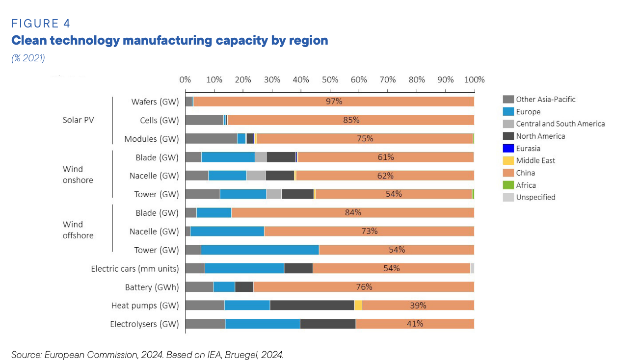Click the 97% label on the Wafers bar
point(334,102)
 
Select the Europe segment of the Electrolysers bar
point(262,324)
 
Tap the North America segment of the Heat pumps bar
point(312,305)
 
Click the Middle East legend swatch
point(508,160)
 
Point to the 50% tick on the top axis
point(330,79)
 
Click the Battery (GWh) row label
point(152,287)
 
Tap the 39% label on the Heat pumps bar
point(418,305)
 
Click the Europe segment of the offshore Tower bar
point(260,250)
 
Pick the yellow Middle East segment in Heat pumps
point(358,305)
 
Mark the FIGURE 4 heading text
point(41,24)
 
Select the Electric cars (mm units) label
point(135,268)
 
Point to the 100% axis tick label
point(474,79)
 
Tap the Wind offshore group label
point(78,230)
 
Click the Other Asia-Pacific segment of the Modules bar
point(211,138)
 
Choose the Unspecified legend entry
point(535,197)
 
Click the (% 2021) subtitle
point(28,58)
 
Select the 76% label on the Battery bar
point(364,287)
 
